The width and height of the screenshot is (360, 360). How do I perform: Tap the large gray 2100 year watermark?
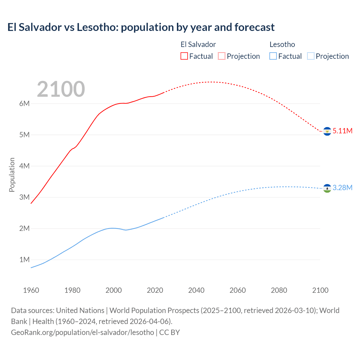[61, 89]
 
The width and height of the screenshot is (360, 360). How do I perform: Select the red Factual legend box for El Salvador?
[184, 56]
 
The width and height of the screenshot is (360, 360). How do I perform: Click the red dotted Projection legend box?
[221, 56]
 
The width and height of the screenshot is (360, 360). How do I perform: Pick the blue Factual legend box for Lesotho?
[273, 56]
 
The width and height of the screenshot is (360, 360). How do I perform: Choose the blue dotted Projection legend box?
[310, 56]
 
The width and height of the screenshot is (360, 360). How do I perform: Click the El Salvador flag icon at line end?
[327, 131]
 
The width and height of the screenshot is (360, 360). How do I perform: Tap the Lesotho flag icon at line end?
[327, 188]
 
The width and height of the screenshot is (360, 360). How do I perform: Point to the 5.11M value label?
[342, 131]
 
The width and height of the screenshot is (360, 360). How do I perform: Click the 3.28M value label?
[342, 188]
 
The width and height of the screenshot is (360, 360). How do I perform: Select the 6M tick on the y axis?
[24, 103]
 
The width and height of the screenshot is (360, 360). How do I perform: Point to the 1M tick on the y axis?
[24, 260]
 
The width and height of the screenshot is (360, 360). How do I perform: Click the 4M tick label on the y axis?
[24, 166]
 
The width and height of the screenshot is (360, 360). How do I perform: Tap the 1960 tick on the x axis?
[31, 290]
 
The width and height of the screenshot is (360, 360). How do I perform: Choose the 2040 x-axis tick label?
[196, 290]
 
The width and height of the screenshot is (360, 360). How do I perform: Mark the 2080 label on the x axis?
[279, 290]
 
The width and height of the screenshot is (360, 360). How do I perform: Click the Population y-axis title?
[12, 175]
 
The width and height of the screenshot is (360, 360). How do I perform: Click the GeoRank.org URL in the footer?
[82, 332]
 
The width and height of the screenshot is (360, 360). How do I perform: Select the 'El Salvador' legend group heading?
[198, 44]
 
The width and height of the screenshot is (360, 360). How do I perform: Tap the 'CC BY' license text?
[170, 332]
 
